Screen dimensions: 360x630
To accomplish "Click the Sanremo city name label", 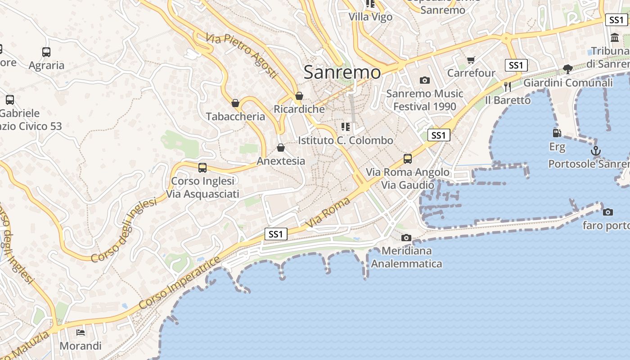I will (x=342, y=72).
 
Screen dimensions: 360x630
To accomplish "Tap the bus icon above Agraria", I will (x=46, y=52).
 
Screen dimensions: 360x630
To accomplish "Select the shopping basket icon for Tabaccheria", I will (x=235, y=103).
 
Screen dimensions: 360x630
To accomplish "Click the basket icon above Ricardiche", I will (x=299, y=96).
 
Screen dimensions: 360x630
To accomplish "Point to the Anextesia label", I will (x=281, y=161).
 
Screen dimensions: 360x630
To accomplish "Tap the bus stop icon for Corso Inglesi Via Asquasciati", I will (x=202, y=168).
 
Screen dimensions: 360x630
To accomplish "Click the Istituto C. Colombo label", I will (x=346, y=140).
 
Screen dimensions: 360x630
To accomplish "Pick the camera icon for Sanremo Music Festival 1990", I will (x=424, y=81).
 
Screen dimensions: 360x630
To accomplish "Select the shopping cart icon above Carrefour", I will (x=471, y=60).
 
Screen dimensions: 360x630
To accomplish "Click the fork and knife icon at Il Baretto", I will (x=508, y=86).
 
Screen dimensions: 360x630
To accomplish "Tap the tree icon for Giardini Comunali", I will (x=568, y=69).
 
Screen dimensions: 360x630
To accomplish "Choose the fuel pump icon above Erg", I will (x=557, y=133).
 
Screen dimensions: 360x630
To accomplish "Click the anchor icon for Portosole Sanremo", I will (x=596, y=151).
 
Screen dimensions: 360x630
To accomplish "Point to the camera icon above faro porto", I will (x=607, y=212).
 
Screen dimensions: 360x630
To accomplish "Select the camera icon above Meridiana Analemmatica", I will (x=406, y=238).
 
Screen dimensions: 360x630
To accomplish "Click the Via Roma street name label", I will (x=328, y=212).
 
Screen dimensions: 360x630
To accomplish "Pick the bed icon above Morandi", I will (x=81, y=333).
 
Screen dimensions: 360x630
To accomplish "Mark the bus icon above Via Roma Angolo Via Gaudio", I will (x=408, y=159).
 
